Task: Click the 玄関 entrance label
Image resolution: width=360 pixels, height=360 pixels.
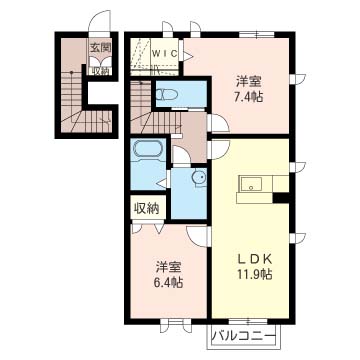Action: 100,48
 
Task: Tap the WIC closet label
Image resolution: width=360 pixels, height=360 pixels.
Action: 166,53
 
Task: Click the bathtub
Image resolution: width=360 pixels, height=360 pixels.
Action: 148,149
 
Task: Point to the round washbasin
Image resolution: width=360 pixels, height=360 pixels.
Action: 200,178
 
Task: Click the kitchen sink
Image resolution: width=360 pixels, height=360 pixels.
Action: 251,184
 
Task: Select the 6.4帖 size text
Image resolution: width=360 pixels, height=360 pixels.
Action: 169,283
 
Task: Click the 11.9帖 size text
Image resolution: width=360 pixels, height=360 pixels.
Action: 255,275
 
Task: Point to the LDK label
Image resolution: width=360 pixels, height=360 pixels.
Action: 255,259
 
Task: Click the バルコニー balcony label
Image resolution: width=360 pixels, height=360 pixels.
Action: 244,335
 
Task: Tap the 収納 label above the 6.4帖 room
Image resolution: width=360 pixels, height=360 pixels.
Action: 146,209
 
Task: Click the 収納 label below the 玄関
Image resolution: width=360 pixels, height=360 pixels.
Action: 100,71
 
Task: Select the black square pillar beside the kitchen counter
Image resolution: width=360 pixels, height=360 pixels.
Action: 281,198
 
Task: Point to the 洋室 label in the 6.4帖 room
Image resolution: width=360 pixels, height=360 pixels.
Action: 169,267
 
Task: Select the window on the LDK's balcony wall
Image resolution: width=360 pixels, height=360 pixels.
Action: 248,322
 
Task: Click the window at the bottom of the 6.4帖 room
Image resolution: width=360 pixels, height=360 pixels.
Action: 175,322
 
